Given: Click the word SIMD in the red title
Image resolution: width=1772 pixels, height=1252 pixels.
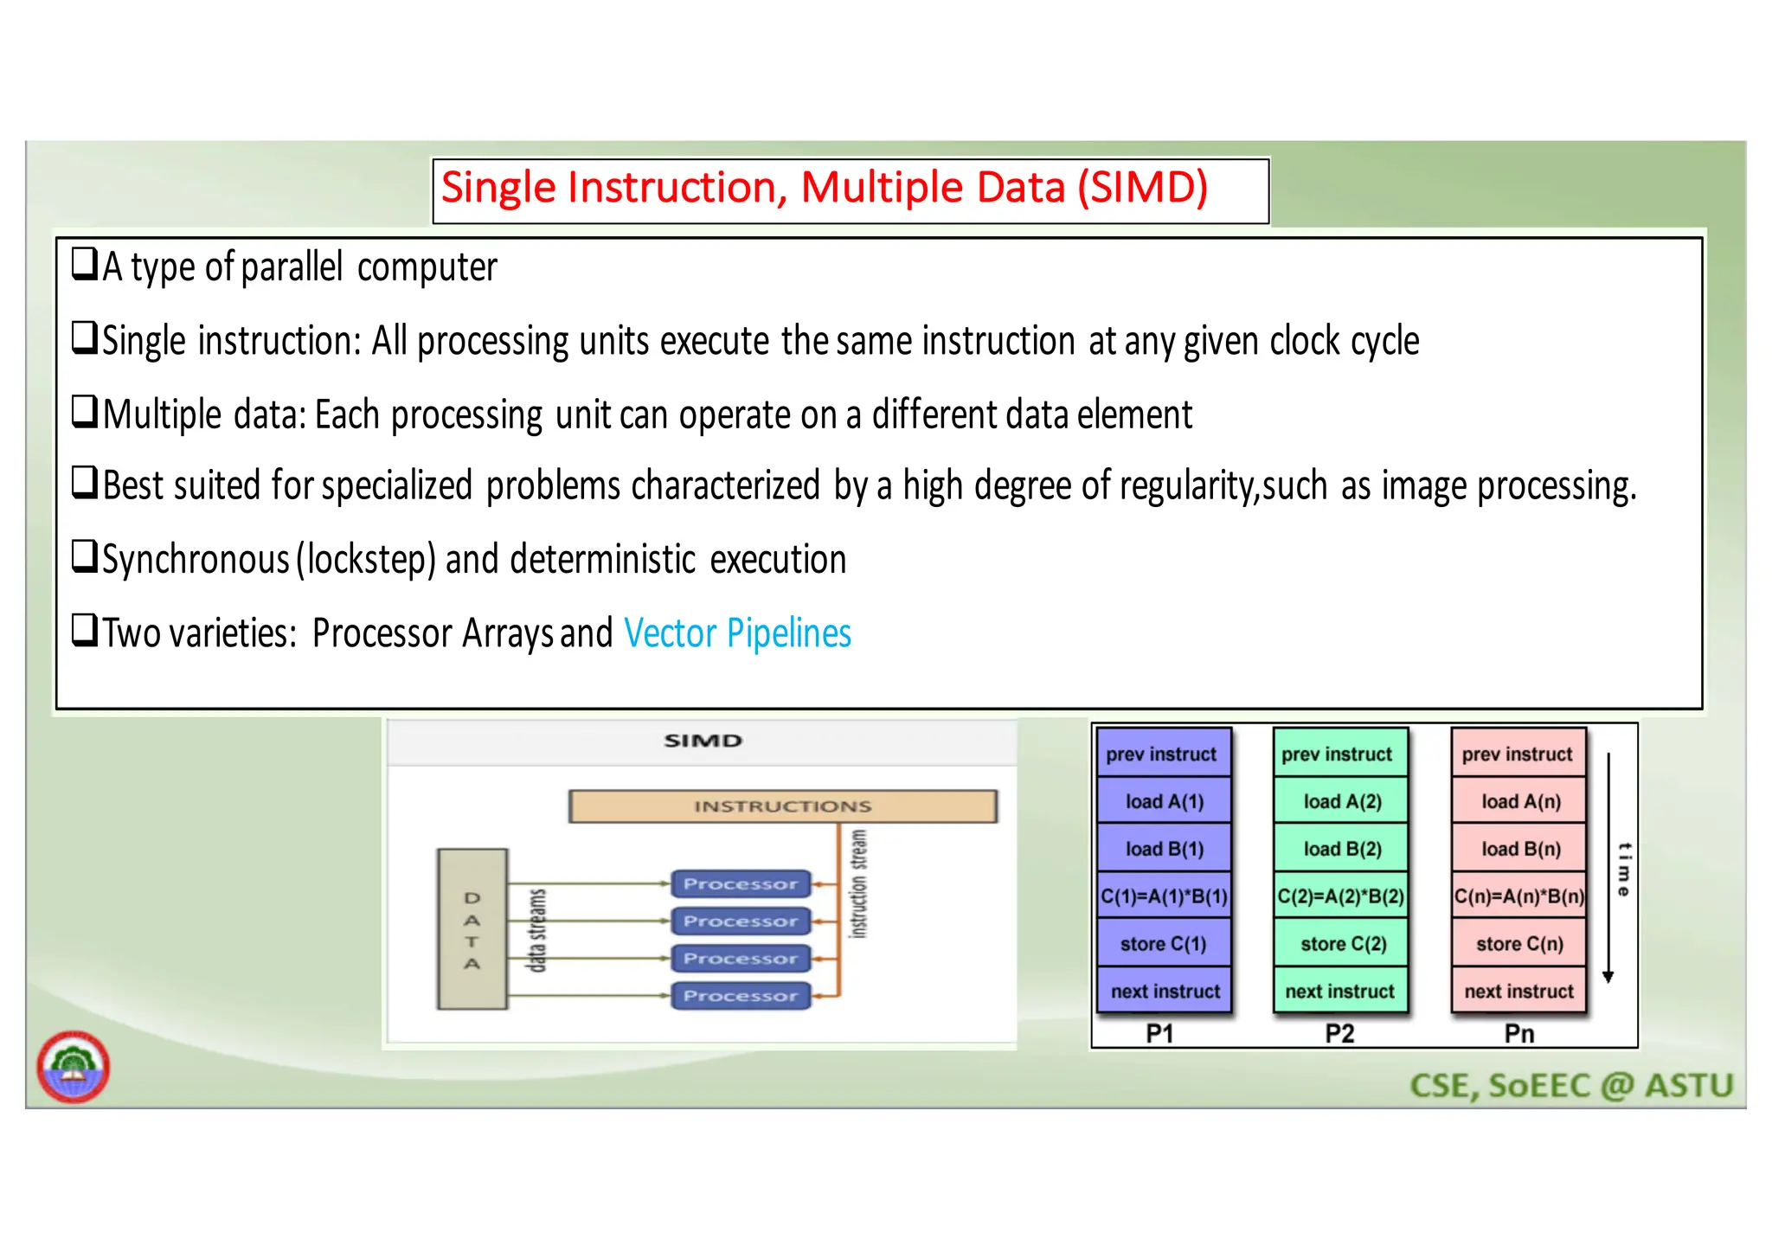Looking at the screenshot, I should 1142,188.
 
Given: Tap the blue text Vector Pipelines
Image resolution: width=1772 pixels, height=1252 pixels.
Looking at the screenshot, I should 737,633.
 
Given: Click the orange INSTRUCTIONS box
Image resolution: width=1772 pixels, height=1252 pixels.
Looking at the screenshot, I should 782,806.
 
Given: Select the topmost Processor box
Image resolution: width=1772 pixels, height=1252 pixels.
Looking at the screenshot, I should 741,883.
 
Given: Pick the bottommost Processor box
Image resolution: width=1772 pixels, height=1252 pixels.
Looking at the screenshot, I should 741,996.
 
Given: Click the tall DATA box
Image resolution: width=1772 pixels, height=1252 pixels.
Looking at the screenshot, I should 472,929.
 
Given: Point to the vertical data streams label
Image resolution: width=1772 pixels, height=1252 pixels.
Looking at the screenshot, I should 537,930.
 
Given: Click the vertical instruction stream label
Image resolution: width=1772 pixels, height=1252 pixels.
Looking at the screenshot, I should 857,883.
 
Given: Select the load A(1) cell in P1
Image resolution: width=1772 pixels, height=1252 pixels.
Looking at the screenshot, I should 1164,801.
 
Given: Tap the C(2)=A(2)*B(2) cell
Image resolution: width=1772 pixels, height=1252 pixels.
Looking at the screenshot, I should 1340,896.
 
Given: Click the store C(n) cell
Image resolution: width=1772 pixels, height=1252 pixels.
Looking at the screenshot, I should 1519,944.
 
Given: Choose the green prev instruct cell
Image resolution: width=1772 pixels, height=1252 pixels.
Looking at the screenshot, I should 1340,754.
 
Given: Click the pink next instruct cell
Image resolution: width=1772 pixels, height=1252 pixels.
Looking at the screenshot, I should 1518,992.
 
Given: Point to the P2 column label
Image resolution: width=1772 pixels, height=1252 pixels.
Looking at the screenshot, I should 1339,1033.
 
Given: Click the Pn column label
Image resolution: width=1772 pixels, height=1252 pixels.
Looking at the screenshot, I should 1519,1033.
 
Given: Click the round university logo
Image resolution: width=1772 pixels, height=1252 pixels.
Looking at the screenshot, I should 74,1067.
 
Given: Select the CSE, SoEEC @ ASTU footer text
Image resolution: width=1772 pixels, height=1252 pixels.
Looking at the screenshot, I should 1571,1086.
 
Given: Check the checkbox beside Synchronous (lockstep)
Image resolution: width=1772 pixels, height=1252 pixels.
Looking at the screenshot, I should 84,556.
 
